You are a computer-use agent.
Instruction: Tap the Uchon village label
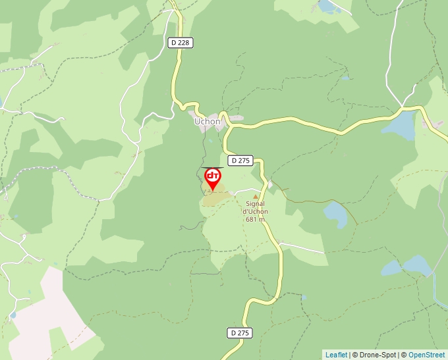[207, 121]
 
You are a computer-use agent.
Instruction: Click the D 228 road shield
[179, 43]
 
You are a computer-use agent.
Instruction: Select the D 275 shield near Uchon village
[240, 161]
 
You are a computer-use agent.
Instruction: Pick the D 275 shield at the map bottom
[240, 333]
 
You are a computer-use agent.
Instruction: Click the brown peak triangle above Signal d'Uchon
[256, 196]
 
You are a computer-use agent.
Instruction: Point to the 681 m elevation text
[255, 220]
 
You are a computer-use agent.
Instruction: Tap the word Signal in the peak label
[255, 204]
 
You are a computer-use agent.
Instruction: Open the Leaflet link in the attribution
[336, 355]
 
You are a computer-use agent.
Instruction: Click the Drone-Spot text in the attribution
[377, 355]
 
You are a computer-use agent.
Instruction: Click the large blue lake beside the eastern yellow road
[401, 126]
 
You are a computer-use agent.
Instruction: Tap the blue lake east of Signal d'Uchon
[336, 213]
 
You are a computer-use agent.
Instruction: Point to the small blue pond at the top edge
[326, 6]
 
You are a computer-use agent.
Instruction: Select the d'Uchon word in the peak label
[255, 212]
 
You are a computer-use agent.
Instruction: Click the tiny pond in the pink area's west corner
[13, 315]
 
